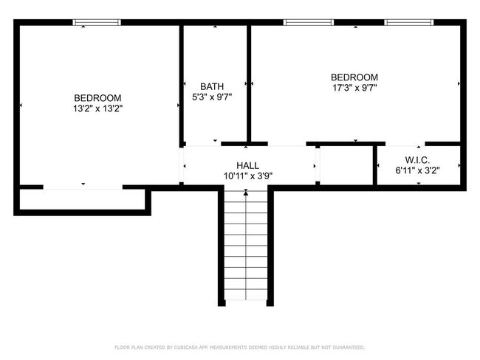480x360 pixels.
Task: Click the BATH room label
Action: coord(212,86)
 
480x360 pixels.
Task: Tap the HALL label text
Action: coord(247,165)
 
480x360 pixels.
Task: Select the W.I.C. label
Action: coord(417,160)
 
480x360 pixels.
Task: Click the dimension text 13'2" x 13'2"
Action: coord(97,108)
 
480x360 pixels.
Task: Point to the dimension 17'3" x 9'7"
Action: coord(354,88)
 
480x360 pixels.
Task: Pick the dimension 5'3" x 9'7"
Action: coord(212,97)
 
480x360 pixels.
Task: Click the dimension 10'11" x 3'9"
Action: coord(248,176)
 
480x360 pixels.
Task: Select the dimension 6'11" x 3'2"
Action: coord(417,170)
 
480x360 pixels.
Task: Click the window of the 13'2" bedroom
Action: coord(97,22)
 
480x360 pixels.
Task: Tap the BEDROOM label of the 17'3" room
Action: coord(354,77)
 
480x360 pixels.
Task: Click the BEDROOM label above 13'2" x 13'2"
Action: coord(97,98)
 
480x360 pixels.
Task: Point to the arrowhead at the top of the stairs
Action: coord(246,193)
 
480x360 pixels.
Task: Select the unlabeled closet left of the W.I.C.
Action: coord(346,165)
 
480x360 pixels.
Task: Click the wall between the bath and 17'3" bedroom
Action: coord(249,83)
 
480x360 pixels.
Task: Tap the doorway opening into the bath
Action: coord(203,144)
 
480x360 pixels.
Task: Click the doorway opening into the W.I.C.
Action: coord(405,144)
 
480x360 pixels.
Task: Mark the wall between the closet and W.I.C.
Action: coord(375,165)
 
